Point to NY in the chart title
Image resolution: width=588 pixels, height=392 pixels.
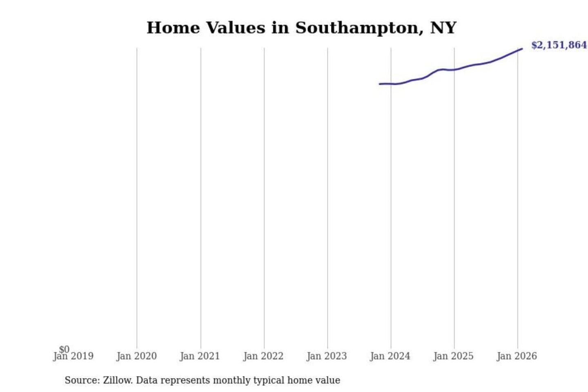(x=443, y=28)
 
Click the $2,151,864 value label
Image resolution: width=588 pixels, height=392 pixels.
(x=559, y=45)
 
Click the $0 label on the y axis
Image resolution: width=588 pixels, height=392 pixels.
(x=64, y=349)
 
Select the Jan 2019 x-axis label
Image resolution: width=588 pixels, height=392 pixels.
(x=73, y=356)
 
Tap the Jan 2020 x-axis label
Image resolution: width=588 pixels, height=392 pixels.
(x=136, y=356)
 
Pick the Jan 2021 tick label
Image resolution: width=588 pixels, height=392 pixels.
(x=200, y=356)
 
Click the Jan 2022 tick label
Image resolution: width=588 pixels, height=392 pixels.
(x=263, y=356)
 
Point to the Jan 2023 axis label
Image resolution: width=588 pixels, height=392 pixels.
(x=327, y=356)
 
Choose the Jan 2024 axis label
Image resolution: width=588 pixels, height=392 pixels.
(x=390, y=356)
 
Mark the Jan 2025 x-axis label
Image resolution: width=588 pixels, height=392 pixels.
(x=453, y=356)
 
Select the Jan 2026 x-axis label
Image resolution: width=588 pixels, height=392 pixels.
(x=517, y=356)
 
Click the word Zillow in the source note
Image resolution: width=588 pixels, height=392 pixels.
(x=117, y=381)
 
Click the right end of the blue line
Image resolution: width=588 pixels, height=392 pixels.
(x=522, y=49)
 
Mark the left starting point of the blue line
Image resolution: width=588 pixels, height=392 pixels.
(x=380, y=84)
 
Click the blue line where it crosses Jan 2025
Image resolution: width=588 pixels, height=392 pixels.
(x=454, y=70)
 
